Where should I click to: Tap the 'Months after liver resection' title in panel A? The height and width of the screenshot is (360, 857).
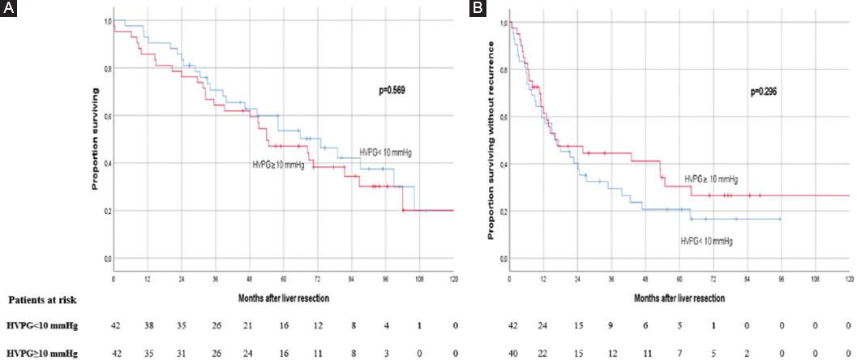284,298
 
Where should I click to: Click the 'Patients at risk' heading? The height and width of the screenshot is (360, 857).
38,300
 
